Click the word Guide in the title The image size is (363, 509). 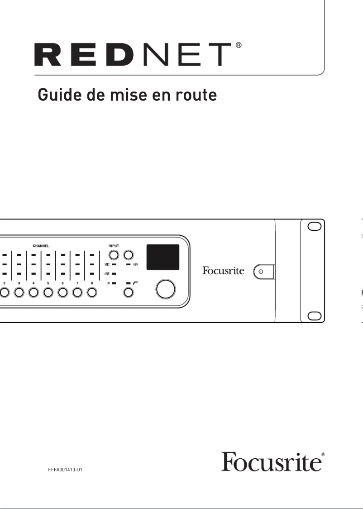tap(55, 95)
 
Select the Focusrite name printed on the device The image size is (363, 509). tap(223, 271)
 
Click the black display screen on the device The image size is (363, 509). tap(162, 256)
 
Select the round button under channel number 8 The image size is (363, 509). tap(92, 293)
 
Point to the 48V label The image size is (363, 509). tap(135, 264)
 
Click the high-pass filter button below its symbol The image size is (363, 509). tap(129, 293)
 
